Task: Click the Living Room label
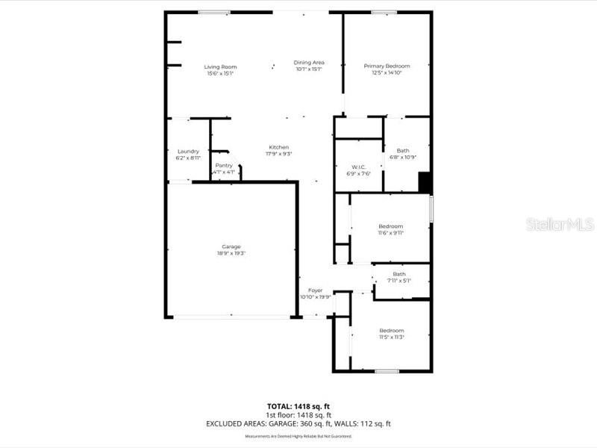(x=220, y=67)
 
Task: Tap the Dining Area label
(x=308, y=63)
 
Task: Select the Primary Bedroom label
(x=387, y=66)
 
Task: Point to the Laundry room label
(x=188, y=152)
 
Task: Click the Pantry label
(x=224, y=165)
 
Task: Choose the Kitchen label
(x=278, y=147)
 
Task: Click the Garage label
(x=231, y=246)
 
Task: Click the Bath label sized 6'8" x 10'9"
(x=398, y=151)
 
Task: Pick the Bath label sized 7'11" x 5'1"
(x=399, y=274)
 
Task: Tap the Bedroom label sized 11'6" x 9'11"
(x=390, y=226)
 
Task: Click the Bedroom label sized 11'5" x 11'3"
(x=391, y=331)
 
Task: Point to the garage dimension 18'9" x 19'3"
(x=231, y=253)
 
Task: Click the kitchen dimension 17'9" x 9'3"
(x=278, y=154)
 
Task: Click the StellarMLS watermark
(x=560, y=224)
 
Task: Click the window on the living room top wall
(x=213, y=12)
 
